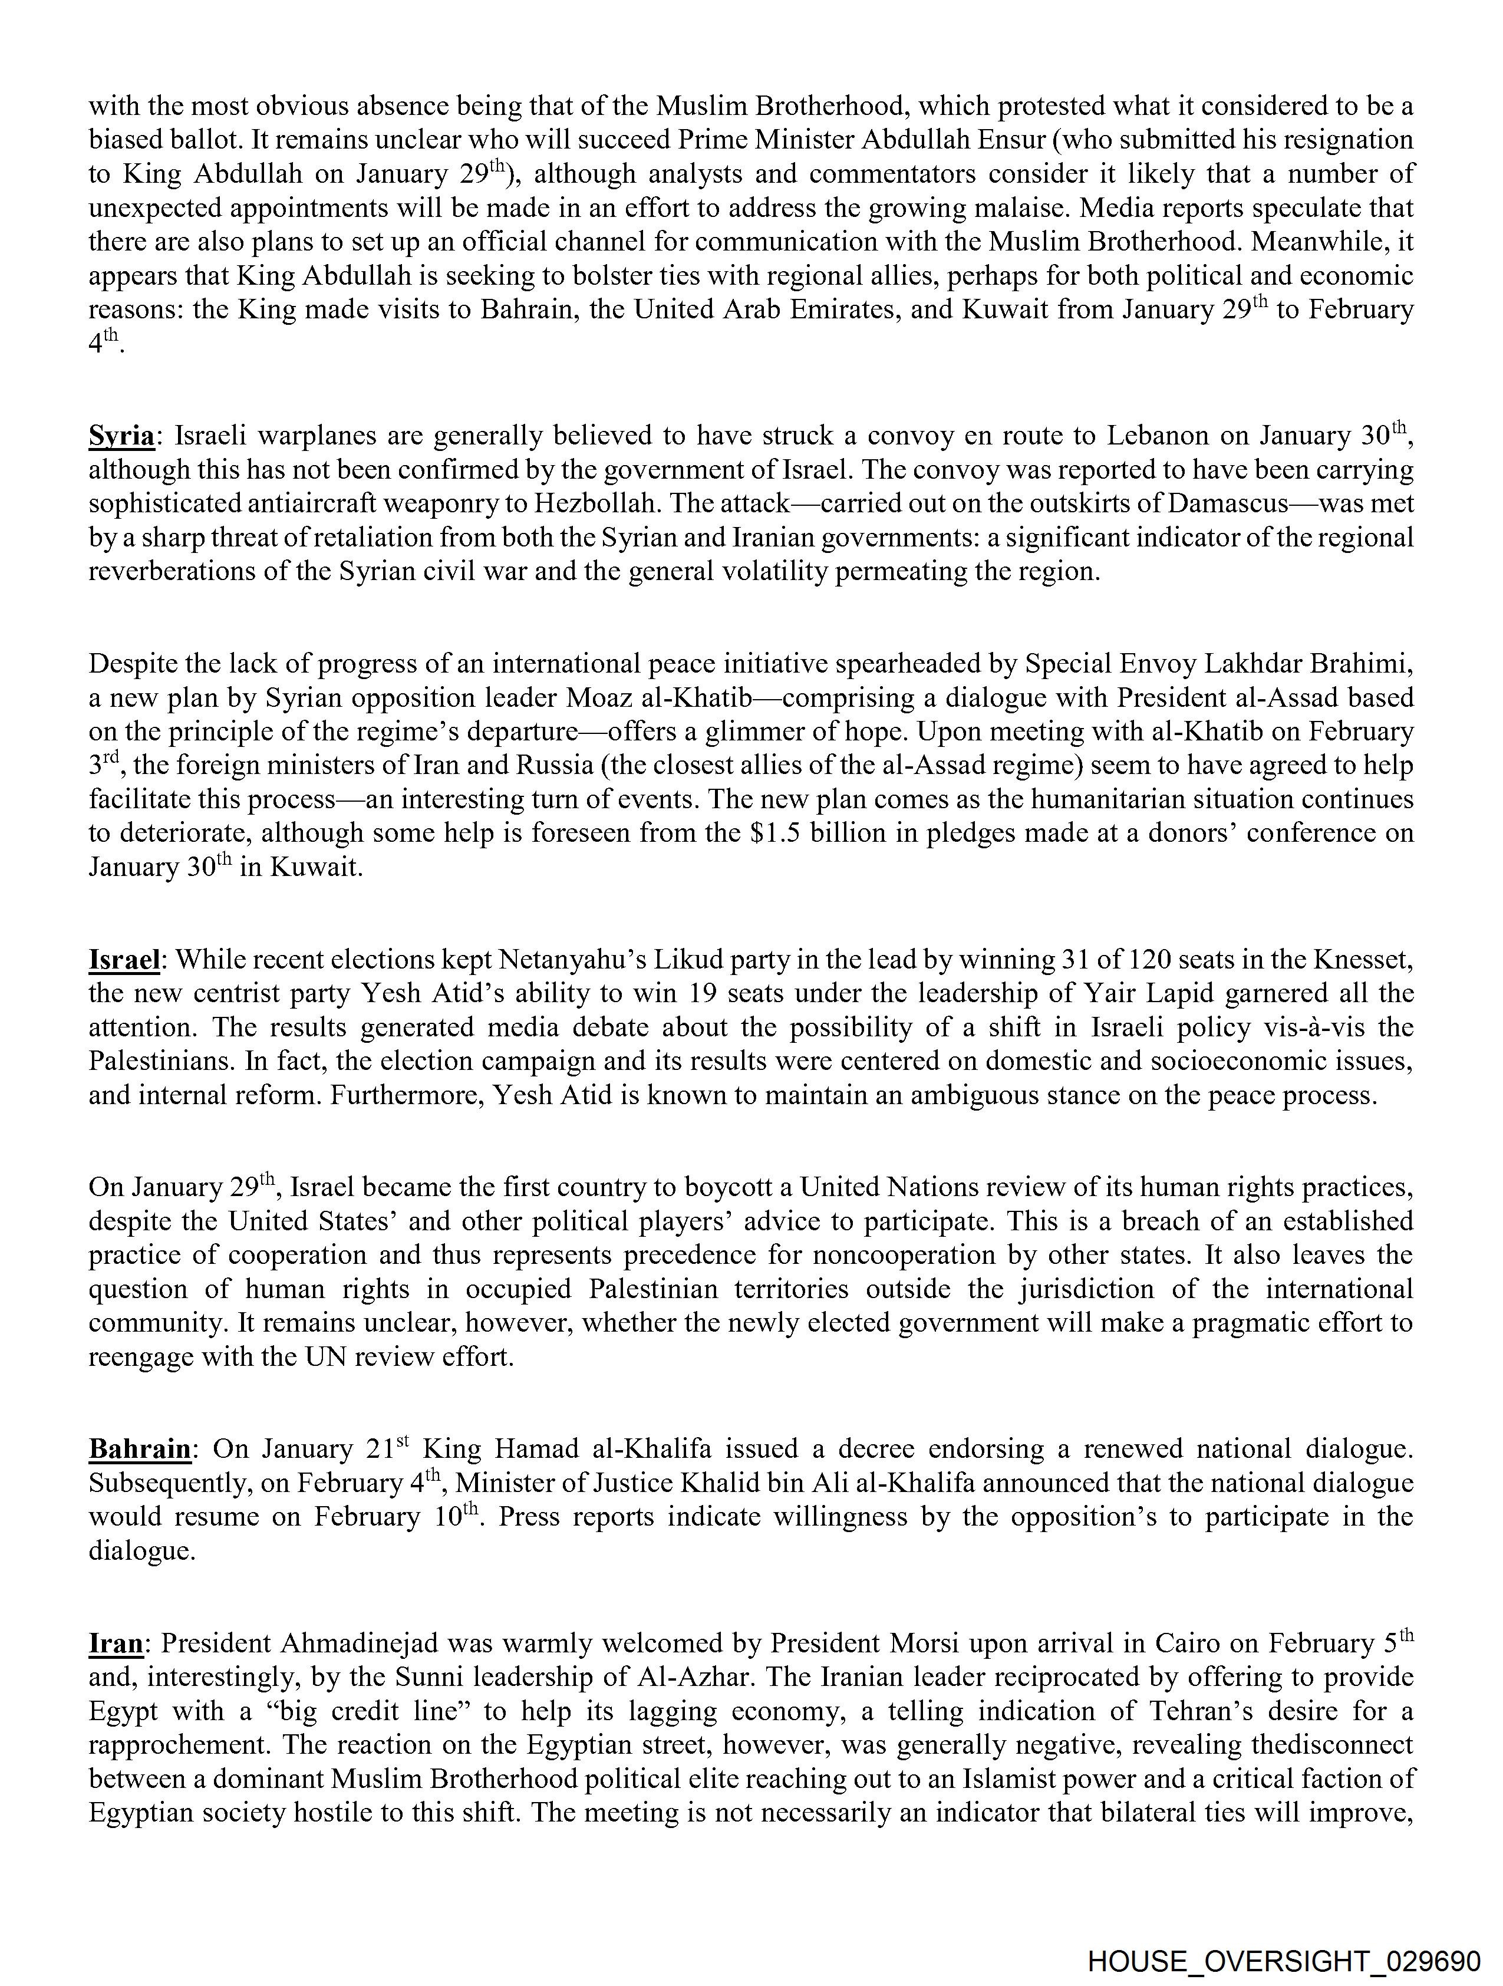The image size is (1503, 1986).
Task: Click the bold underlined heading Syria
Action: click(x=121, y=436)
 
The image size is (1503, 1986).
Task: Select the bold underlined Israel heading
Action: click(x=124, y=960)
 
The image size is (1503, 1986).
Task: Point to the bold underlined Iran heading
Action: click(x=116, y=1643)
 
